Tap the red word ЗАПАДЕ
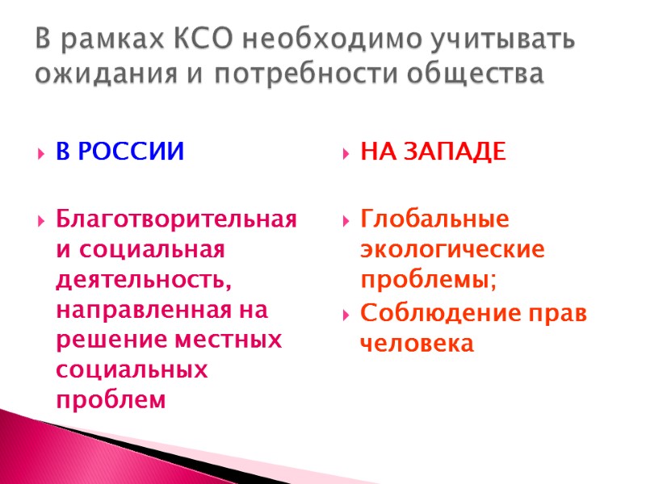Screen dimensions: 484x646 coord(455,152)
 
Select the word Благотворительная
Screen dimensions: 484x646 coord(176,219)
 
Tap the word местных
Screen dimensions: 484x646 coord(229,339)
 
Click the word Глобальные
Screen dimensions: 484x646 coord(435,219)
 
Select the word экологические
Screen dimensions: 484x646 coord(452,249)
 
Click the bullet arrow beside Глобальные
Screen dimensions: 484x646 coord(346,220)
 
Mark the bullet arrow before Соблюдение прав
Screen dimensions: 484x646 coord(346,312)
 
